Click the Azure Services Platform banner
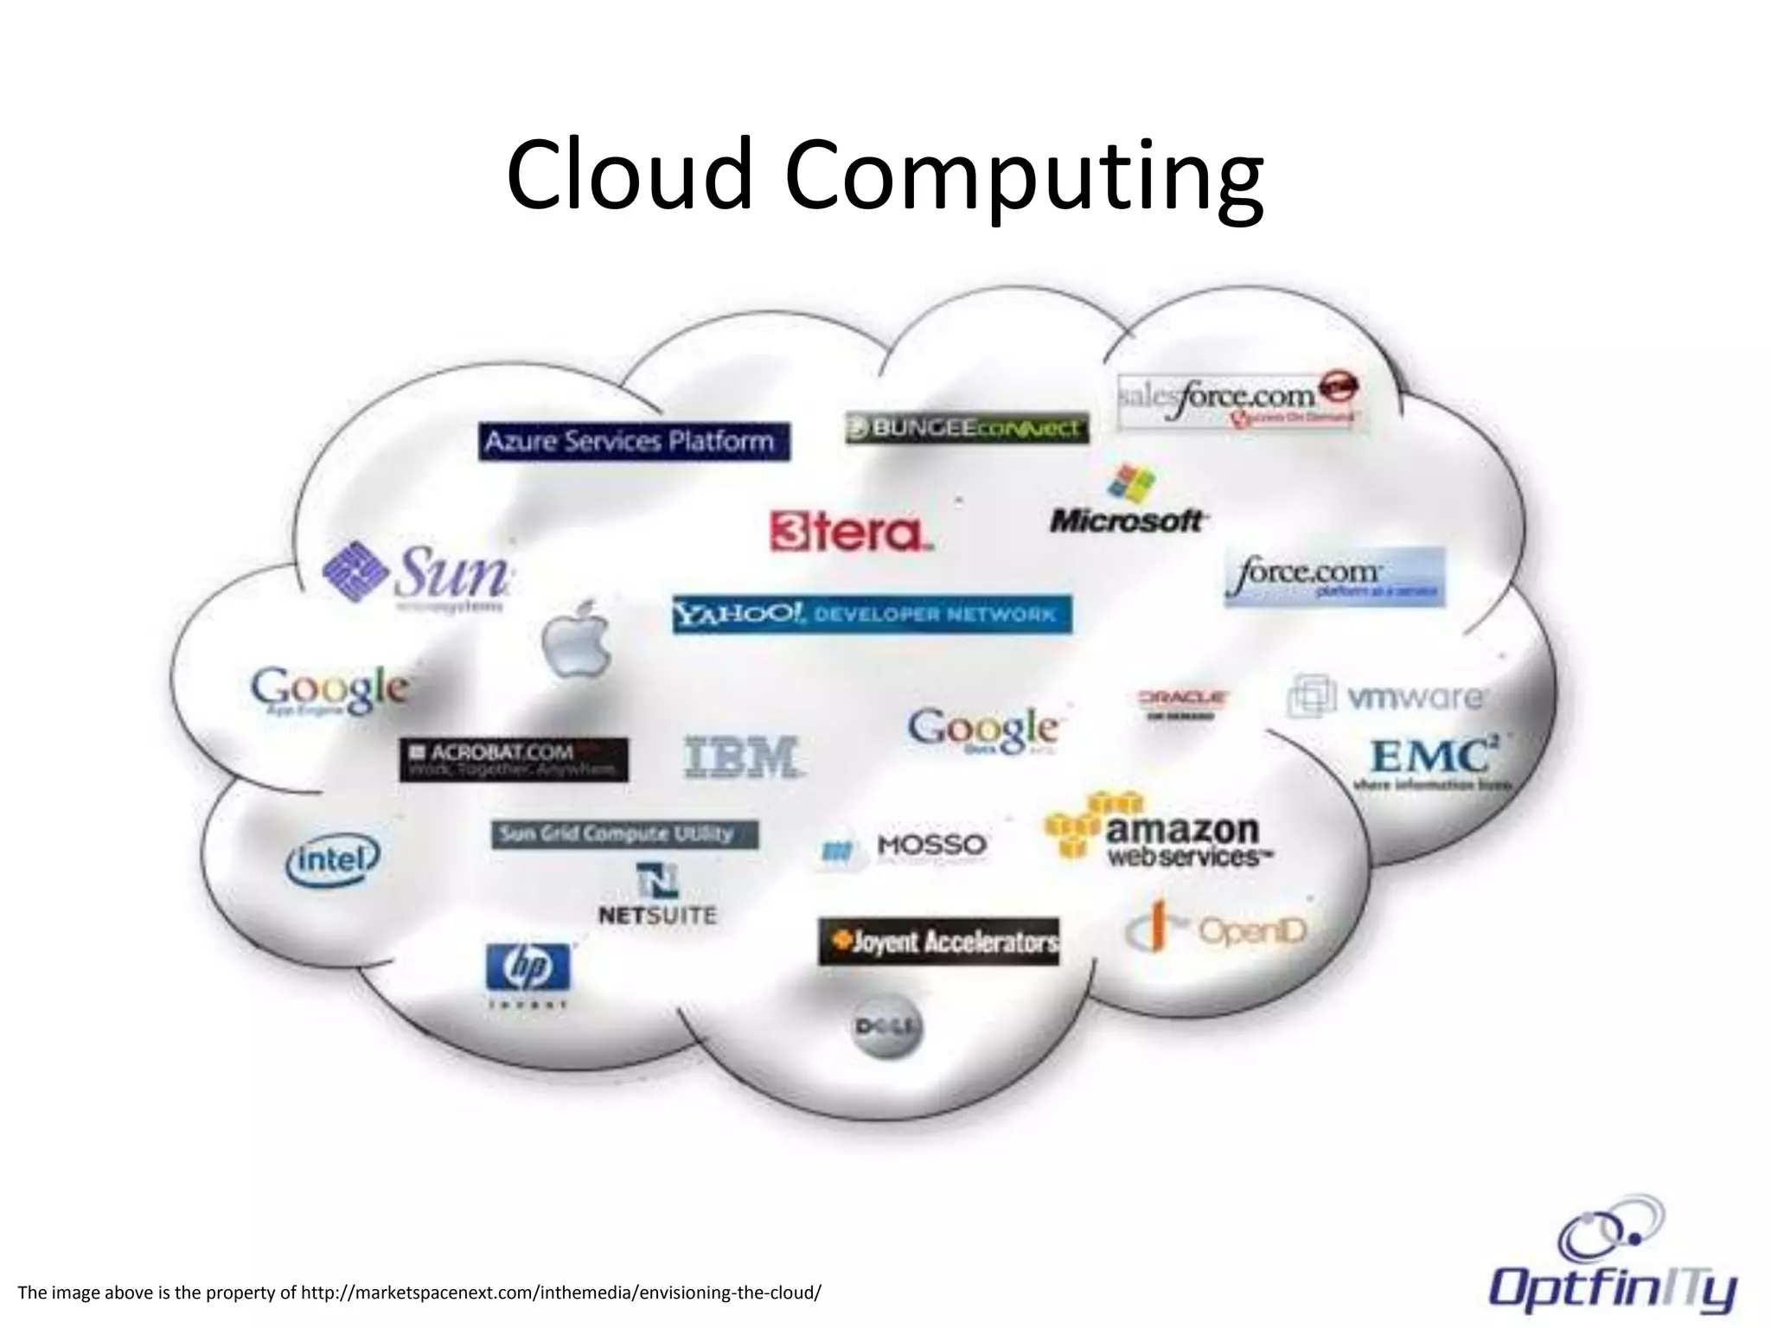point(633,442)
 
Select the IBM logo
point(742,757)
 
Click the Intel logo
point(333,859)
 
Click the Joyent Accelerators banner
point(939,942)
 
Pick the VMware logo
point(1385,697)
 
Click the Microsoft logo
point(1128,502)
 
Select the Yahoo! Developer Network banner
point(872,615)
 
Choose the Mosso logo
point(905,846)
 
